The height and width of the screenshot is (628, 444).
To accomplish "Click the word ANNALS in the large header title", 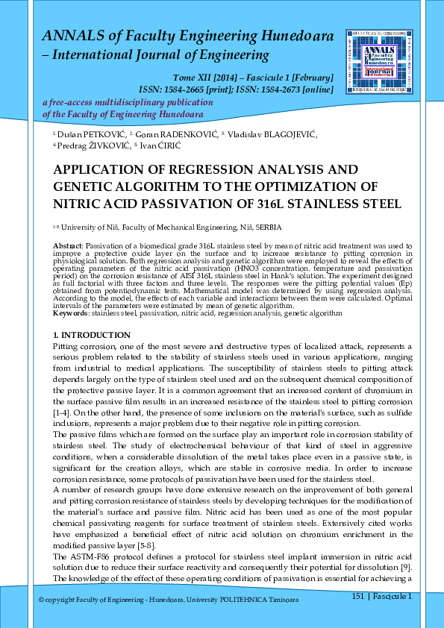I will point(70,35).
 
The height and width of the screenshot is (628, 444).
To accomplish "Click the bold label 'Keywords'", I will point(71,313).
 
